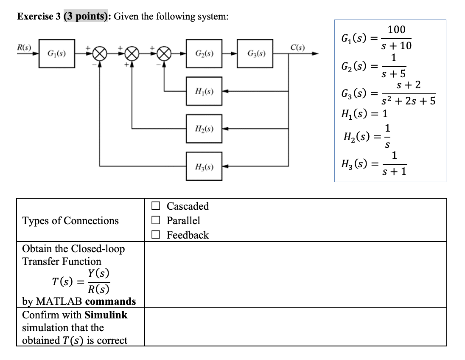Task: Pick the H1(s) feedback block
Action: tap(203, 90)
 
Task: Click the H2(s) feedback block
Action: tap(203, 128)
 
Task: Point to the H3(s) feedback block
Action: tap(203, 165)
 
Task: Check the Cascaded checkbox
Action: tap(156, 207)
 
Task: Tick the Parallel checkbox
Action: tap(156, 221)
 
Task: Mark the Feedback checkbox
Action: tap(156, 235)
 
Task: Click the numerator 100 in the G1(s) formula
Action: tap(396, 30)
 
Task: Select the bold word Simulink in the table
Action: tap(106, 315)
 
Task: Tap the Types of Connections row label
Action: tap(70, 221)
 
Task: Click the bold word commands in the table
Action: tap(110, 301)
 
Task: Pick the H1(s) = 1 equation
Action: tap(364, 114)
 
